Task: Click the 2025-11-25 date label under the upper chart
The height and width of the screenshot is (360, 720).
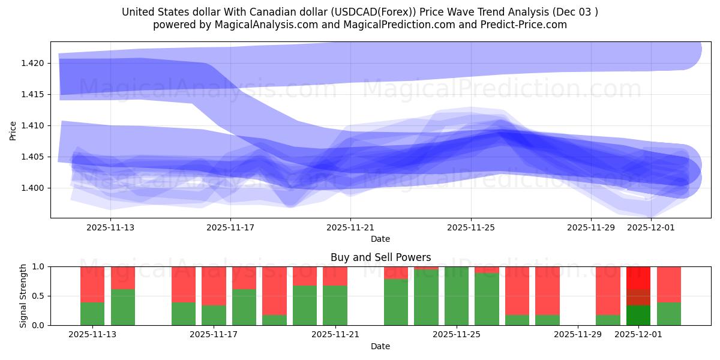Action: [471, 227]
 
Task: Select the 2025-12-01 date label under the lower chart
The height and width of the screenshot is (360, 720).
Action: [638, 335]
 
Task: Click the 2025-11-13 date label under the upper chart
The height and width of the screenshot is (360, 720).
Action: [110, 227]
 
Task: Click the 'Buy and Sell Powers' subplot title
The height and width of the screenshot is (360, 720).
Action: [380, 257]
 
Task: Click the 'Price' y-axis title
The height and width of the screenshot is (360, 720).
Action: [13, 130]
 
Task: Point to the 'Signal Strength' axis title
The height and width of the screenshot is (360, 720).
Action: [23, 296]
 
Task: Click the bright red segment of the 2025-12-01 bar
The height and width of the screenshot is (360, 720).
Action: [638, 278]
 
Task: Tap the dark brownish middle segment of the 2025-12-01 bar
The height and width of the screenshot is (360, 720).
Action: [638, 298]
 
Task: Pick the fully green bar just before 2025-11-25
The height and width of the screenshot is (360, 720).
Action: [426, 298]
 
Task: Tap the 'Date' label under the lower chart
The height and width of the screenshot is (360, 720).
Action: [380, 346]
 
